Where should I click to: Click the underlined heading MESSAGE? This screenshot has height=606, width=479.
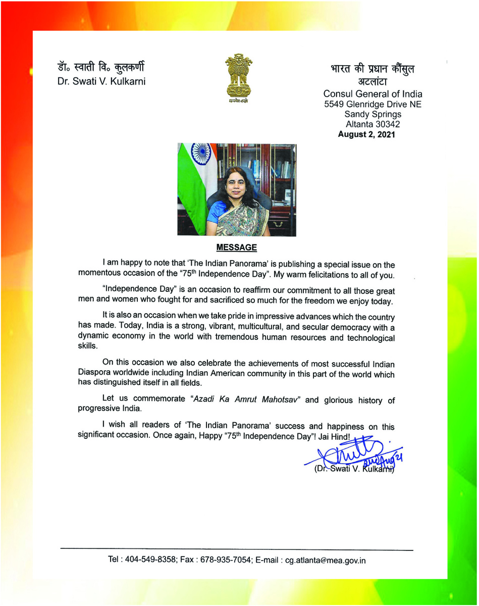pyautogui.click(x=237, y=247)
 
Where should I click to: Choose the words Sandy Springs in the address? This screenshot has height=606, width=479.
pyautogui.click(x=372, y=114)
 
